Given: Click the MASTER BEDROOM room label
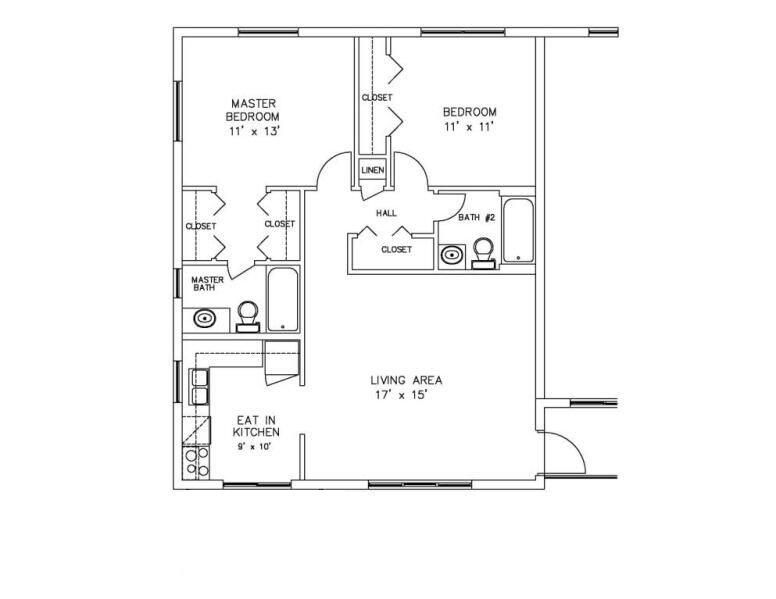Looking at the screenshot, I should click(x=253, y=110).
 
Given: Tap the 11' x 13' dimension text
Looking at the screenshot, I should click(x=253, y=131).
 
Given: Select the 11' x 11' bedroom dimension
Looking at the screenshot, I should click(x=470, y=127).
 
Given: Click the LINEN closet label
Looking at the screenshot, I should click(x=372, y=170).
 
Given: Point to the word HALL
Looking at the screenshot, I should click(x=386, y=213).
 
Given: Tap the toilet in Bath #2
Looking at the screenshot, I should click(x=484, y=252).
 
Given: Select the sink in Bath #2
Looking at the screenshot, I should click(x=452, y=256).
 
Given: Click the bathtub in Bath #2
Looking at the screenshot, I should click(x=518, y=232).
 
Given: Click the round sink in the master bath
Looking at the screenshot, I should click(x=204, y=320).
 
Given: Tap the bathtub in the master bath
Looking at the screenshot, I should click(x=281, y=298).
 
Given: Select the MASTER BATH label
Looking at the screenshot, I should click(x=207, y=284).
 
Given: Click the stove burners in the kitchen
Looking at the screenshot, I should click(x=197, y=461).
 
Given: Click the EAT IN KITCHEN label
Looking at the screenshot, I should click(x=256, y=426).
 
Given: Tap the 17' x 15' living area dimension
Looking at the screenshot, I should click(x=406, y=395).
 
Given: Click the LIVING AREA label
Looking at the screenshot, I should click(x=406, y=380).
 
